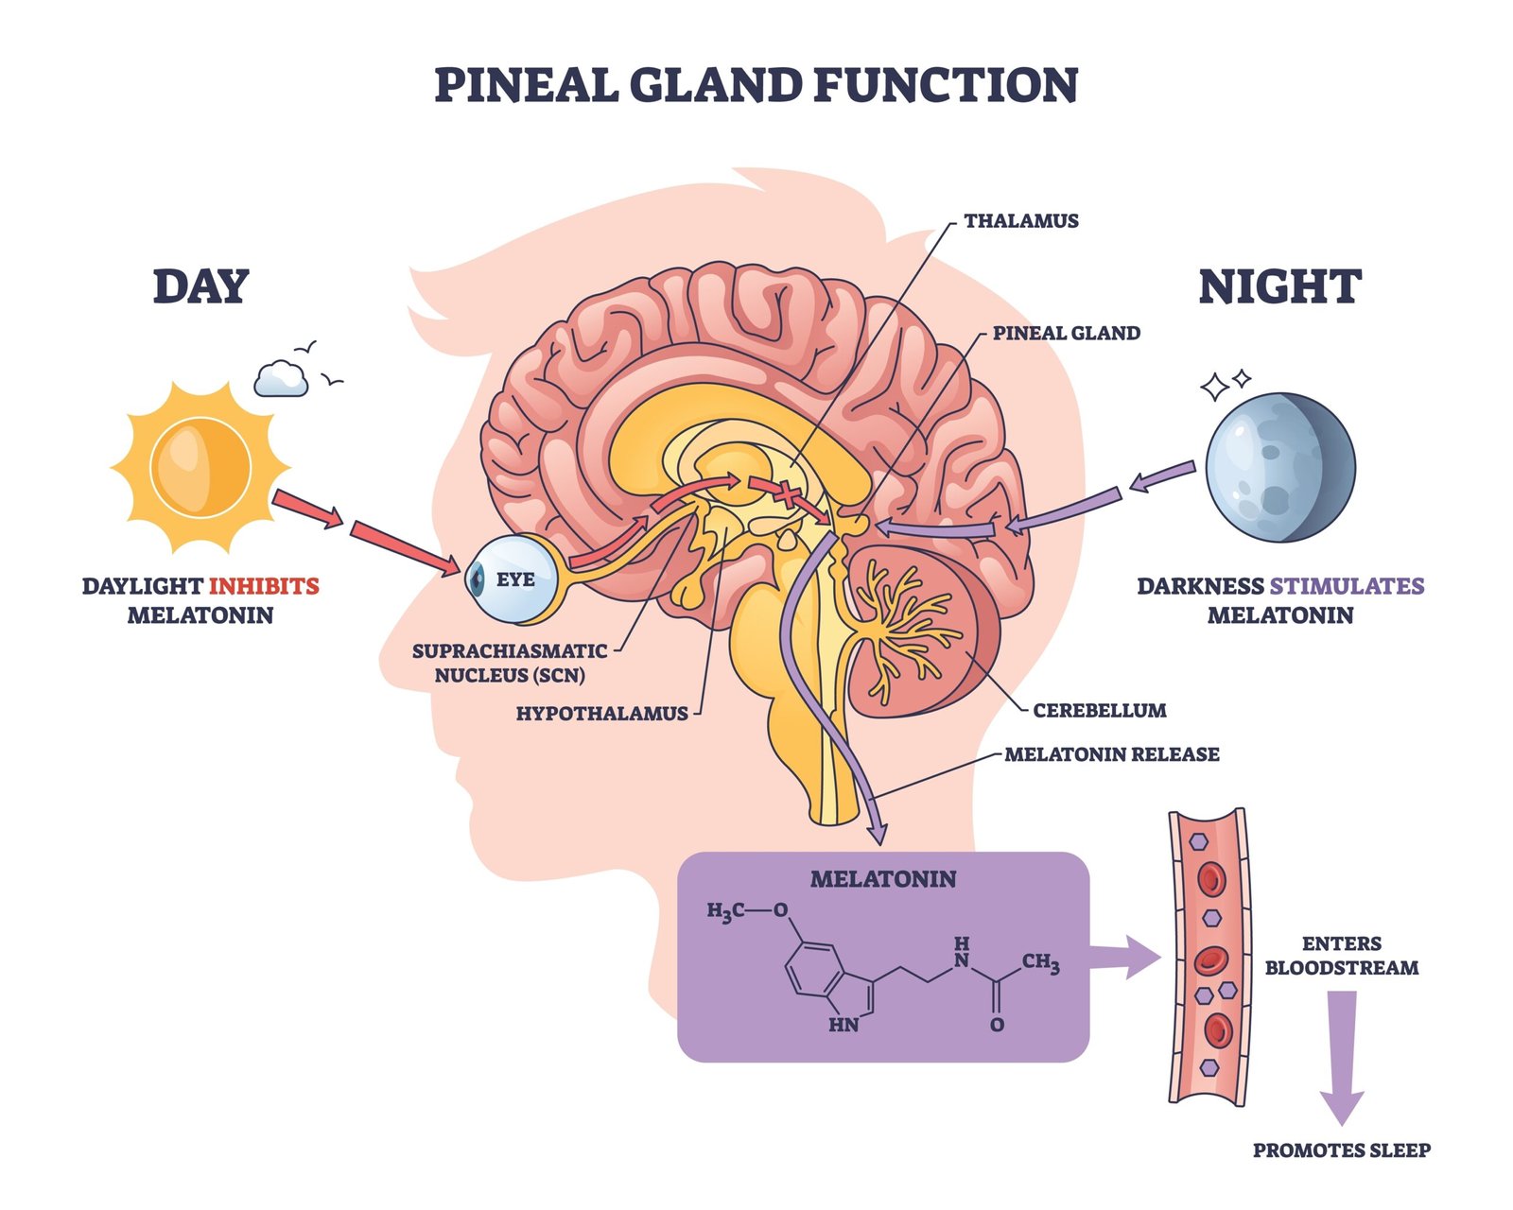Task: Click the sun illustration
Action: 200,467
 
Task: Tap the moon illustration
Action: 1279,467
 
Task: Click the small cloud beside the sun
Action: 281,379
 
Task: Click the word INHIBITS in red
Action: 264,586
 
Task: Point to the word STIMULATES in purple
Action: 1347,586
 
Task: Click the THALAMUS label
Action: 1021,221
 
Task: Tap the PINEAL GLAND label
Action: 1066,333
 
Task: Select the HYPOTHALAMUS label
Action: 601,714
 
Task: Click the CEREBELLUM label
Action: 1099,710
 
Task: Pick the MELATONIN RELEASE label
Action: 1111,754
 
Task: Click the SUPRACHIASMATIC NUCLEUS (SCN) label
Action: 510,663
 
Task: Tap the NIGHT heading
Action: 1279,286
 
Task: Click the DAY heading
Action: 200,286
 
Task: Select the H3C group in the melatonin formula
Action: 725,911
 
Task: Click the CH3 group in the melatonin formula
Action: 1040,962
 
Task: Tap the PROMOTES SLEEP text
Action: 1341,1150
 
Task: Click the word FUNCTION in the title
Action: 946,85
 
